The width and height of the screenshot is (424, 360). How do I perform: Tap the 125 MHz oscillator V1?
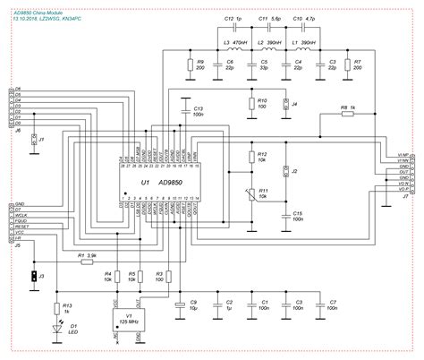point(132,321)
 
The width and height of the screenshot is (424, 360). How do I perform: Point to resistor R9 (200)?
point(190,64)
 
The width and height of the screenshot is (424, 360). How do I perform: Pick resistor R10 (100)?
point(251,106)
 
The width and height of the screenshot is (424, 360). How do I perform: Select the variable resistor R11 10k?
point(251,193)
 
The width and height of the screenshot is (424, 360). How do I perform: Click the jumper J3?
point(33,277)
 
